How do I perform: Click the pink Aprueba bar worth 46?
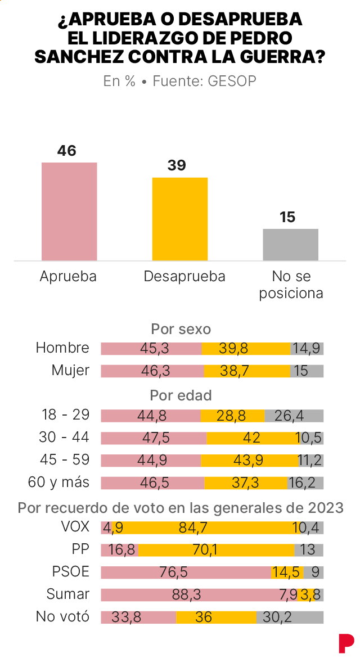tap(69, 211)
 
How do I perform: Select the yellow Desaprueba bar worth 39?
tap(180, 219)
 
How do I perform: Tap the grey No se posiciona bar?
tap(291, 245)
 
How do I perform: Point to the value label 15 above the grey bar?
tap(287, 217)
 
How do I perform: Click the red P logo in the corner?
tap(346, 642)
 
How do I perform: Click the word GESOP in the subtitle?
tap(232, 81)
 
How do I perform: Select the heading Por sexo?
tap(181, 329)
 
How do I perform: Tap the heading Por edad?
tap(181, 395)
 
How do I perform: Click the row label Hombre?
tap(62, 348)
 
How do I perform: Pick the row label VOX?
tap(74, 528)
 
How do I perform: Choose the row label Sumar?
tap(69, 594)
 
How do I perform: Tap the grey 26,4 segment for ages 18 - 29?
tap(294, 416)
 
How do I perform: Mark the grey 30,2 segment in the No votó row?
tap(290, 617)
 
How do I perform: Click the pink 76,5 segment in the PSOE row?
tap(186, 573)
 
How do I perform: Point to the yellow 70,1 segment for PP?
tap(216, 550)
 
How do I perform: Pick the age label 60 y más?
tap(58, 483)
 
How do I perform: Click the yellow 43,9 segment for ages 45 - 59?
tap(249, 461)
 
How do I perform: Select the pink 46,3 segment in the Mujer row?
tap(152, 371)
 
